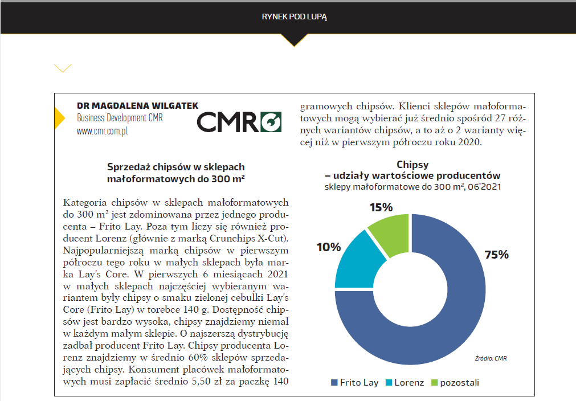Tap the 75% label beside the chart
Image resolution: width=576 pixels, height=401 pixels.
click(x=496, y=255)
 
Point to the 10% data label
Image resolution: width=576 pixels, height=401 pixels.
click(x=329, y=247)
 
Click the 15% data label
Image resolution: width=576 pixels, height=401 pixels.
click(x=381, y=207)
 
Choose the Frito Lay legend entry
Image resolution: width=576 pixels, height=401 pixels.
click(x=354, y=383)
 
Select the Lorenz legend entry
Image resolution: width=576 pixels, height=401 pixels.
click(x=405, y=383)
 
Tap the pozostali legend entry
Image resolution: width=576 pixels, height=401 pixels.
click(x=455, y=383)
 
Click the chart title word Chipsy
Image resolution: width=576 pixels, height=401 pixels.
click(x=412, y=165)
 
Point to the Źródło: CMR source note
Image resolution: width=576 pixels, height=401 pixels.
click(x=491, y=358)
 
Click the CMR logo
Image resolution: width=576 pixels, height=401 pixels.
click(x=239, y=122)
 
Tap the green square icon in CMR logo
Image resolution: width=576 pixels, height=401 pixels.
click(x=271, y=122)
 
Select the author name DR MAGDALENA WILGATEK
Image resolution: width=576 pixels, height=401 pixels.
click(x=137, y=106)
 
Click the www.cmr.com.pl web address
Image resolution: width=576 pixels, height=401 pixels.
click(x=102, y=131)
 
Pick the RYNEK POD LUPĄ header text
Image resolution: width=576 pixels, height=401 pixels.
click(x=294, y=17)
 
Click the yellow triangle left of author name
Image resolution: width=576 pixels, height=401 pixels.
click(x=59, y=118)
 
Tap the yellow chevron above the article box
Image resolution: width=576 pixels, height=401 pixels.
click(x=63, y=68)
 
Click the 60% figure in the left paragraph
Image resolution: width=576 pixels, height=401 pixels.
click(x=198, y=357)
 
